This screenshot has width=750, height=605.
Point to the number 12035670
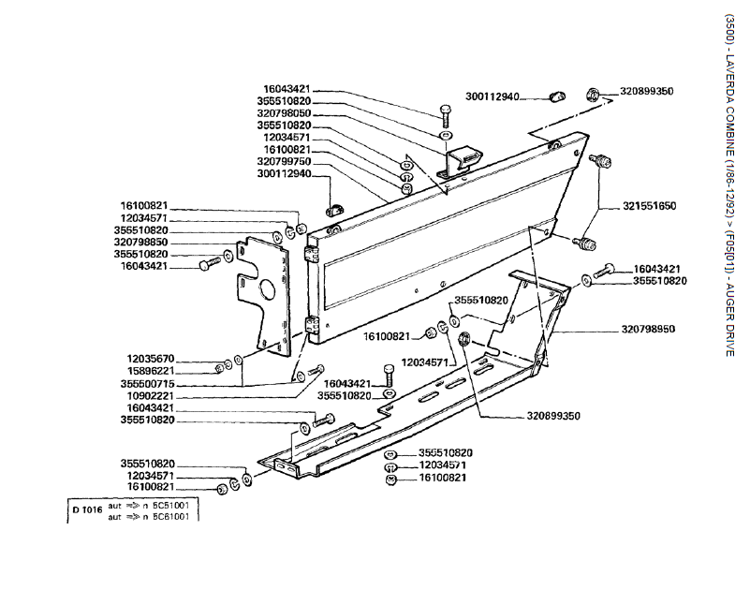click(x=154, y=360)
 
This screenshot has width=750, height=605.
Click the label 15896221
click(x=154, y=371)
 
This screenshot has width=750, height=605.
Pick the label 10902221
click(x=154, y=396)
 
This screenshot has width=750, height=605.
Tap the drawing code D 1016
click(x=85, y=509)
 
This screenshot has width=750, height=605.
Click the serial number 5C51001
click(x=175, y=505)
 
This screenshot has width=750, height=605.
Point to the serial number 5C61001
click(x=175, y=516)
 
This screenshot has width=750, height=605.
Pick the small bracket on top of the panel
click(x=460, y=160)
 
